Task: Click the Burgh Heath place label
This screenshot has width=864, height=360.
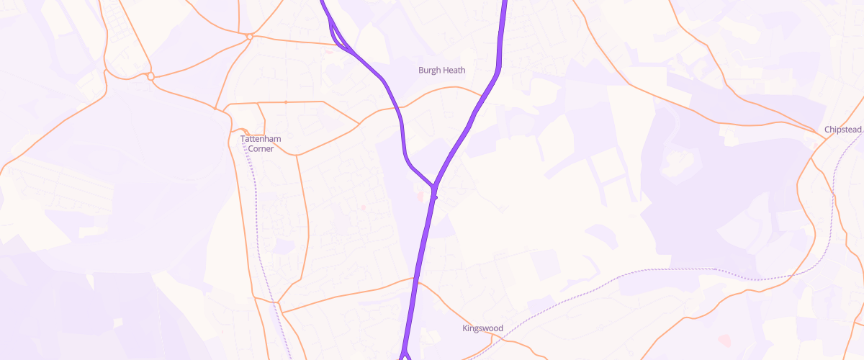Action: coord(442,71)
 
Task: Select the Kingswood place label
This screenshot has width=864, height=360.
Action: coord(482,328)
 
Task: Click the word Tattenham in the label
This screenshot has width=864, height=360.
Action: coord(261,138)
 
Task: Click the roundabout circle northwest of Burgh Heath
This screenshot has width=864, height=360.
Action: coord(249,35)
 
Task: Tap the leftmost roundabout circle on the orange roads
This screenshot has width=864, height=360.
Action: coord(150,76)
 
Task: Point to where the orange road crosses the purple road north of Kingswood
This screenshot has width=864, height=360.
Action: coord(415,279)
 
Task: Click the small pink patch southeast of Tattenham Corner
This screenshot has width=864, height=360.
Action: coord(363,208)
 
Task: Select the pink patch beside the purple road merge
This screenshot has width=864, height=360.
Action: coord(418,194)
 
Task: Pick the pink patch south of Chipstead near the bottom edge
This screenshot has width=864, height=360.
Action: coord(723,338)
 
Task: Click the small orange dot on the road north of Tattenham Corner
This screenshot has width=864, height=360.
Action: coord(286,102)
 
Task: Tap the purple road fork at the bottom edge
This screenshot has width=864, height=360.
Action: coord(404,353)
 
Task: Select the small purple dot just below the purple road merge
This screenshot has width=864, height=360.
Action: coord(436,197)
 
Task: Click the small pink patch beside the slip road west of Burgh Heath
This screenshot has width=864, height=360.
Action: coord(329,51)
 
